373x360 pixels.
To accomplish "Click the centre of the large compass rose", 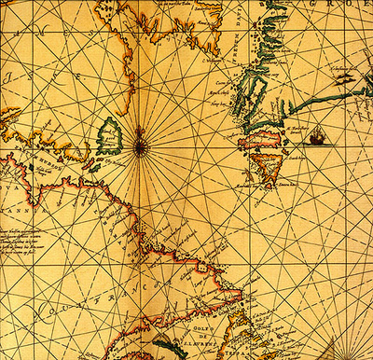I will [140, 145].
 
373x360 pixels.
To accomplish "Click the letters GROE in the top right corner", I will [350, 8].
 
